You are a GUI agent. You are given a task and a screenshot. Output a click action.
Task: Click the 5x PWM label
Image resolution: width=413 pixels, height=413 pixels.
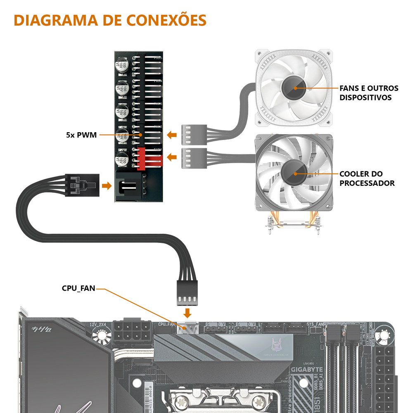coord(81,135)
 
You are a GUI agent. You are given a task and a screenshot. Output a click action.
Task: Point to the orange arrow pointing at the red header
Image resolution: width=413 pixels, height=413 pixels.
coord(172,157)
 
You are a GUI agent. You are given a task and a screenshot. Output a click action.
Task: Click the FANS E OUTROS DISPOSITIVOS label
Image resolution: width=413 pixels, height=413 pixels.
coord(369,93)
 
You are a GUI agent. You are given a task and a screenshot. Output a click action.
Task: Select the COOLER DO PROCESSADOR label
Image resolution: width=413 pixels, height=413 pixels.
coord(367,178)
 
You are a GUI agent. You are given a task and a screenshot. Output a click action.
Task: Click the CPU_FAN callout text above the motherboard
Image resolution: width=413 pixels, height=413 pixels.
coord(78,288)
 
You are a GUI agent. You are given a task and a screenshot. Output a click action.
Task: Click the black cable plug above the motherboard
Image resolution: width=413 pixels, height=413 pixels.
coord(188,293)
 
